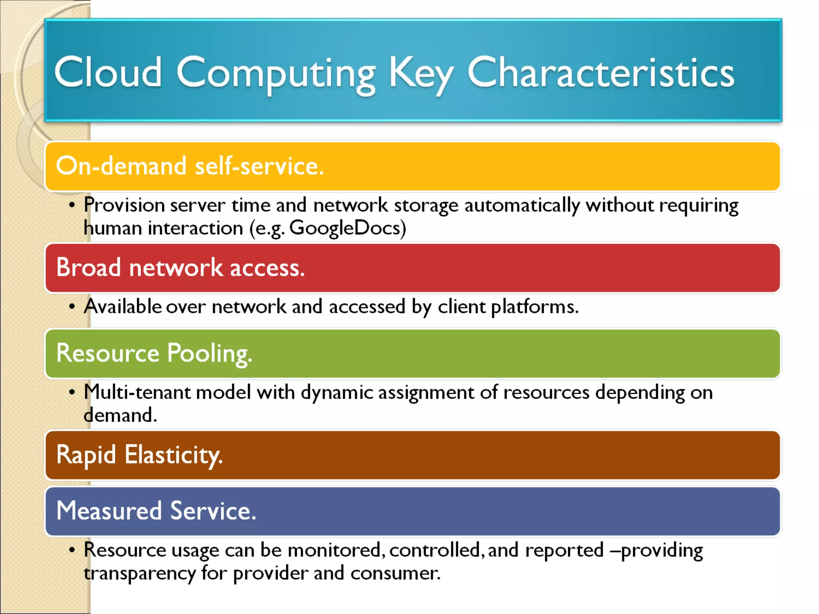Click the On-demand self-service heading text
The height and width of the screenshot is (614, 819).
pyautogui.click(x=190, y=166)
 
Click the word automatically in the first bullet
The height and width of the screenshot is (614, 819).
pyautogui.click(x=522, y=205)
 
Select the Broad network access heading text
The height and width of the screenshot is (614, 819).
pyautogui.click(x=180, y=267)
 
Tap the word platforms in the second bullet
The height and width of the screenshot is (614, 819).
pyautogui.click(x=534, y=307)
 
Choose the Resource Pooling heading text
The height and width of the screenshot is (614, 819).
pyautogui.click(x=154, y=353)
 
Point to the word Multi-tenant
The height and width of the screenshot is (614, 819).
pyautogui.click(x=137, y=392)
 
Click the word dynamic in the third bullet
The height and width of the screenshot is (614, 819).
pyautogui.click(x=337, y=393)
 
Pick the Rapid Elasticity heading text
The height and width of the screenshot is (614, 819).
pyautogui.click(x=139, y=455)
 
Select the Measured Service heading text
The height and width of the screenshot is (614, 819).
pyautogui.click(x=156, y=511)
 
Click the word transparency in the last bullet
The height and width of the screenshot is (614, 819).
pyautogui.click(x=139, y=573)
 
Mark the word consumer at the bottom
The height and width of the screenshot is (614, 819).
pyautogui.click(x=395, y=573)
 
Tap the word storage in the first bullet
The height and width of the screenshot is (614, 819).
pyautogui.click(x=426, y=205)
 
